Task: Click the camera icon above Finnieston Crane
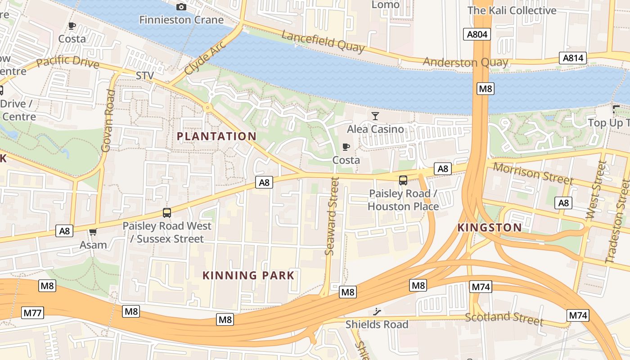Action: click(x=181, y=7)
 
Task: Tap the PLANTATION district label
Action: click(x=216, y=136)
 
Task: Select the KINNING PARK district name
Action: click(x=248, y=275)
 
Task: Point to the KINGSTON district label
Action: click(x=490, y=228)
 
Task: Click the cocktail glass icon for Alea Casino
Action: click(x=375, y=116)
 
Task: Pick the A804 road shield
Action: click(x=477, y=34)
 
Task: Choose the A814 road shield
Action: click(x=573, y=58)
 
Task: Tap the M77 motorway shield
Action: click(x=32, y=313)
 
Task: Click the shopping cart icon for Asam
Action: click(x=93, y=232)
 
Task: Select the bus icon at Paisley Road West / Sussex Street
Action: click(x=167, y=213)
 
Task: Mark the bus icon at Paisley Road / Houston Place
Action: click(x=403, y=180)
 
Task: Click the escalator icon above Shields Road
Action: click(x=377, y=312)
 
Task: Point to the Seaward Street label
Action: click(x=332, y=216)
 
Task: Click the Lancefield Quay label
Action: click(x=323, y=41)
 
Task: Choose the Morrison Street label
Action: click(x=533, y=173)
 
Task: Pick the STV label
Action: click(x=145, y=76)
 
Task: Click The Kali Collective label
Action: click(x=512, y=10)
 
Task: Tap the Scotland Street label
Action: click(x=504, y=318)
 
